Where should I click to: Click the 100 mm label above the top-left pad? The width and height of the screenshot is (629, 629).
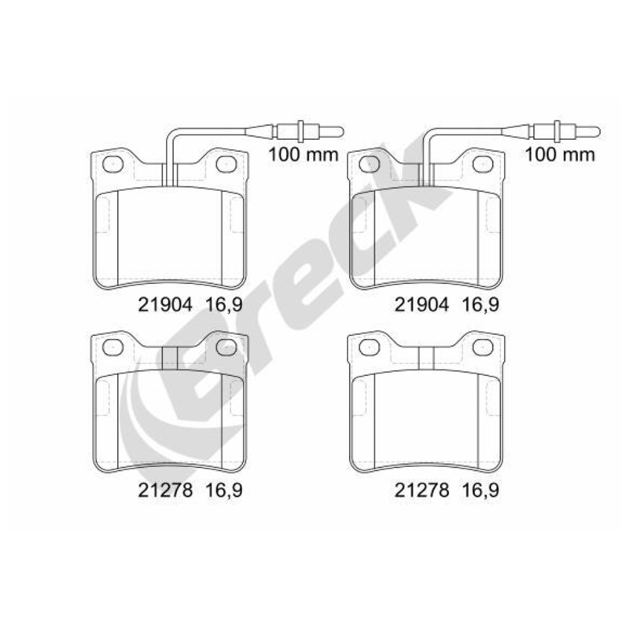303,154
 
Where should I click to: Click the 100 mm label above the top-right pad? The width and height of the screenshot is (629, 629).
560,154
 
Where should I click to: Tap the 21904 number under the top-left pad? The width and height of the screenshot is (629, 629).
165,305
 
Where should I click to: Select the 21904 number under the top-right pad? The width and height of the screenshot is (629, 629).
422,305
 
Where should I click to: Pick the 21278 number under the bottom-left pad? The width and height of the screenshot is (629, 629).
165,490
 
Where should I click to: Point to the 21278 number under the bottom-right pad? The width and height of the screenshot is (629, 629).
422,490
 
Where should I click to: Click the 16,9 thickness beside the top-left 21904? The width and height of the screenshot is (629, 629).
224,306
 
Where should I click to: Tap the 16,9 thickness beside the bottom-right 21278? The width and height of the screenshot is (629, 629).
481,491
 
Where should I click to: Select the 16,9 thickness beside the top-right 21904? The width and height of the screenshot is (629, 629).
481,306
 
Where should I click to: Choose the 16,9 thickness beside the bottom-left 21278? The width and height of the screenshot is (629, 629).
224,491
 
